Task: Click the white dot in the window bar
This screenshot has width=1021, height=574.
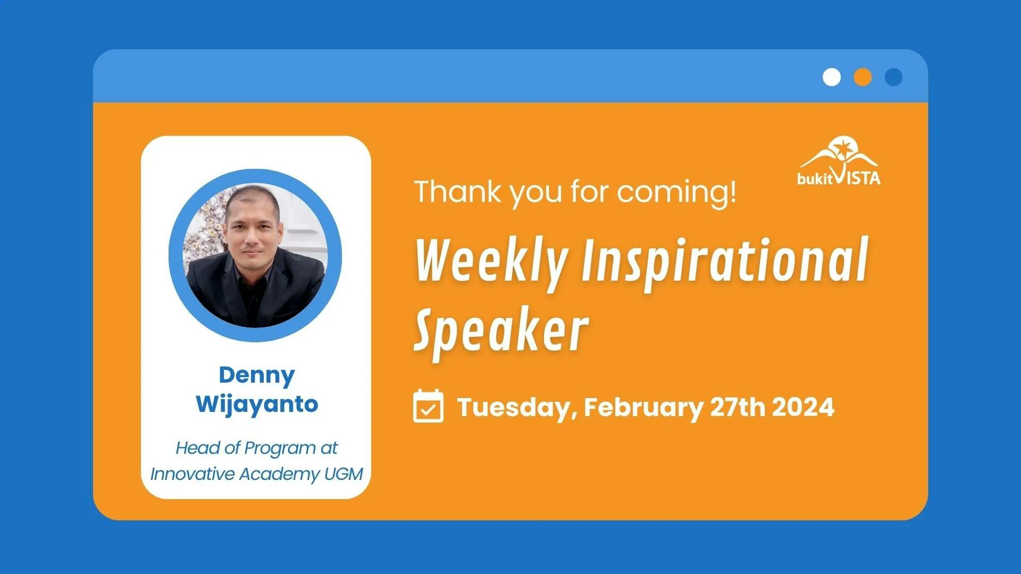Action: [x=832, y=77]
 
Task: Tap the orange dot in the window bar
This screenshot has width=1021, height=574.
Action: [x=863, y=77]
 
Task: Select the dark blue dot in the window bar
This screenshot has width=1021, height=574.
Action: [x=893, y=77]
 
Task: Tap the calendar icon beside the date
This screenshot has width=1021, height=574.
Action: [x=428, y=406]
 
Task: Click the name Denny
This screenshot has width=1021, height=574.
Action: [x=257, y=376]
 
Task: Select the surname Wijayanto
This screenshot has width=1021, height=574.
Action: [x=257, y=404]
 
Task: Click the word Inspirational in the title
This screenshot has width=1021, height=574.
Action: [x=725, y=261]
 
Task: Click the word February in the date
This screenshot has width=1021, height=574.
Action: [x=643, y=408]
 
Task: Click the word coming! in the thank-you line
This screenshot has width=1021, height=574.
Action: [x=677, y=192]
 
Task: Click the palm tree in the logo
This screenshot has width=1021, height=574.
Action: [x=842, y=148]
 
